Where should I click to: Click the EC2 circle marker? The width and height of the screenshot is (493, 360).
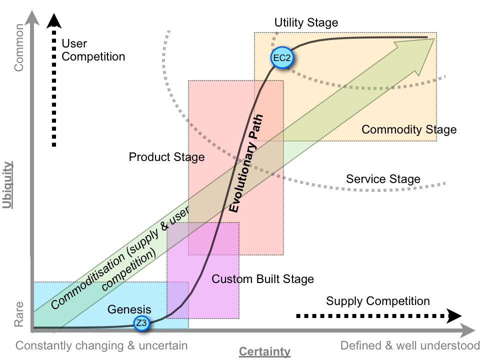coord(281,57)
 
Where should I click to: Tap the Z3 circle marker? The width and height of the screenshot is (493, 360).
coord(142,323)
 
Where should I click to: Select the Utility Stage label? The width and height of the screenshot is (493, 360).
coord(306,22)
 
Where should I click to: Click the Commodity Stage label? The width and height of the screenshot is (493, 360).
coord(409,130)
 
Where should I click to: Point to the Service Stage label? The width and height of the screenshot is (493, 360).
coord(383,179)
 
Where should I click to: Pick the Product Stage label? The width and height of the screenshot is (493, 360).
coord(166,157)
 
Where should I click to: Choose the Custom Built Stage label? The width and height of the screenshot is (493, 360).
coord(262,279)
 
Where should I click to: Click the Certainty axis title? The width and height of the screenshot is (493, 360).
coord(264,352)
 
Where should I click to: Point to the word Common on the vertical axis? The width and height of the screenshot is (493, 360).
coord(19,47)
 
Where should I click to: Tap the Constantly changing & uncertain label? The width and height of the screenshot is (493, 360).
coord(101,345)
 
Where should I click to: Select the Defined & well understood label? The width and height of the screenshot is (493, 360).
coord(410,345)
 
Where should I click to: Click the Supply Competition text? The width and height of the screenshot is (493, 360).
coord(377,301)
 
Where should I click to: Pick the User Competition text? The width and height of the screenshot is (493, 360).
coord(93,50)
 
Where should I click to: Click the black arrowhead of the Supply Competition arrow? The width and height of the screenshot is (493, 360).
coord(453,315)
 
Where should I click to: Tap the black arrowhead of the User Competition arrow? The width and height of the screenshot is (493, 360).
coord(54,20)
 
